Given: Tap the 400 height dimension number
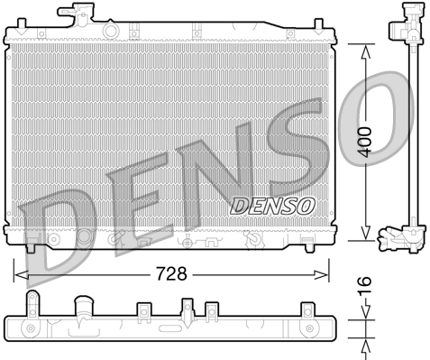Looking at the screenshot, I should click(x=364, y=143).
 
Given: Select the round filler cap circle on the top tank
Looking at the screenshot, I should click(x=110, y=32).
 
